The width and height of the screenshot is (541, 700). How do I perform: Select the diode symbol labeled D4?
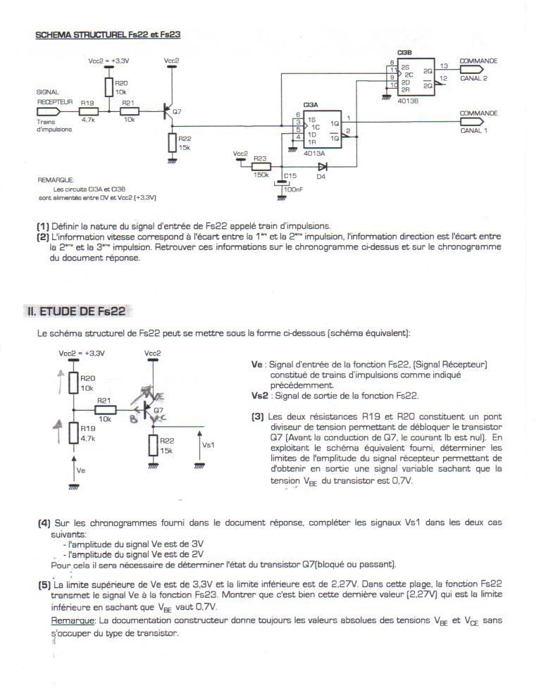[322, 168]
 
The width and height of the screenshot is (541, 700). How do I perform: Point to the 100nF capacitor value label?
[293, 189]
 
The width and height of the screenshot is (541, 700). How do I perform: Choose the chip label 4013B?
[408, 101]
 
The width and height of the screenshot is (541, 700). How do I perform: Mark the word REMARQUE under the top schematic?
[55, 180]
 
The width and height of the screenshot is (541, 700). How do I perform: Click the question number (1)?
[43, 226]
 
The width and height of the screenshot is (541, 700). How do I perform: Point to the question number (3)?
[257, 416]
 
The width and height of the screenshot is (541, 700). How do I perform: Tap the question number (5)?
[44, 585]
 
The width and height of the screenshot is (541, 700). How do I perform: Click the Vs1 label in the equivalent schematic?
[209, 445]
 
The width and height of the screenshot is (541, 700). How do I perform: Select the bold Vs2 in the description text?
[259, 396]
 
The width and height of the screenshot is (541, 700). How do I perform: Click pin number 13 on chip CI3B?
[443, 65]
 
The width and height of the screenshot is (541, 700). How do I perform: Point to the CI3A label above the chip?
[311, 104]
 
